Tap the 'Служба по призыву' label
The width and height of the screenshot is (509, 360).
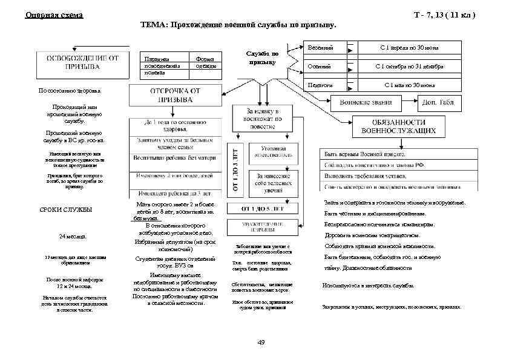coord(263,57)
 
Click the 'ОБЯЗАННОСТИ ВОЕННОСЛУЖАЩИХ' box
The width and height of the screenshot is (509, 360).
coord(401,125)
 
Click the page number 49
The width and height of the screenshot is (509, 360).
coord(261,342)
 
